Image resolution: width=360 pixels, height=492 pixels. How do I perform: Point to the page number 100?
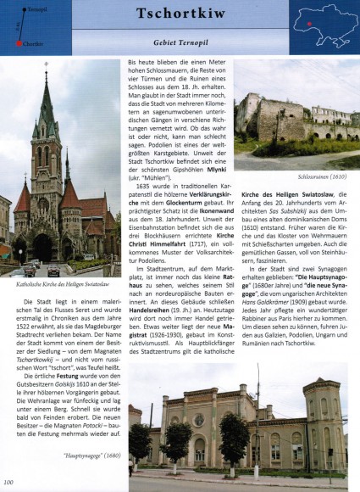pos(8,484)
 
